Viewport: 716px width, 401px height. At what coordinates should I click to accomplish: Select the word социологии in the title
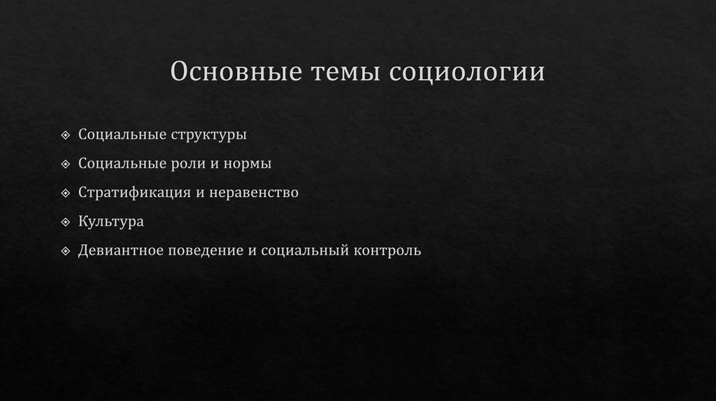pyautogui.click(x=467, y=73)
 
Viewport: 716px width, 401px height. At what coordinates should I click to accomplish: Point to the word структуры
pyautogui.click(x=208, y=134)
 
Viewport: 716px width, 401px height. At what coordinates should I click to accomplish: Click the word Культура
pyautogui.click(x=111, y=221)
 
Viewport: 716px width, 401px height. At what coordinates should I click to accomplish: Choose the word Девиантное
pyautogui.click(x=122, y=250)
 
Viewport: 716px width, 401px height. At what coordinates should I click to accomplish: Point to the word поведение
pyautogui.click(x=206, y=250)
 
